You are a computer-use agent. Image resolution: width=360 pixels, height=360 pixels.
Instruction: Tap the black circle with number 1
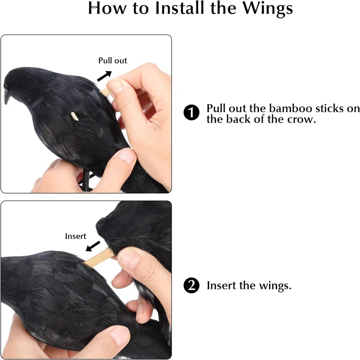point(191,113)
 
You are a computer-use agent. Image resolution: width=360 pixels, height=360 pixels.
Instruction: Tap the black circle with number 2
point(191,286)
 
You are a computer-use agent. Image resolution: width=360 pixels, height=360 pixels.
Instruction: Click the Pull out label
point(113,61)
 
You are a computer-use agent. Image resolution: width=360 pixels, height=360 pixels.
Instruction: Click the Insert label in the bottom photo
point(75,236)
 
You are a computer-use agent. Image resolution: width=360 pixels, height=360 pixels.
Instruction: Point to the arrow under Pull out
point(104,75)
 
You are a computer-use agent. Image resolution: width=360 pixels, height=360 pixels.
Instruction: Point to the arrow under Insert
point(93,246)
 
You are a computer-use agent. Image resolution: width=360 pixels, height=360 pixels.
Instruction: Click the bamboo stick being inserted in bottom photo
point(98,258)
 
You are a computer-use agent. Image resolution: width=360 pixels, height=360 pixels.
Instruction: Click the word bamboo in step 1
point(290,109)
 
